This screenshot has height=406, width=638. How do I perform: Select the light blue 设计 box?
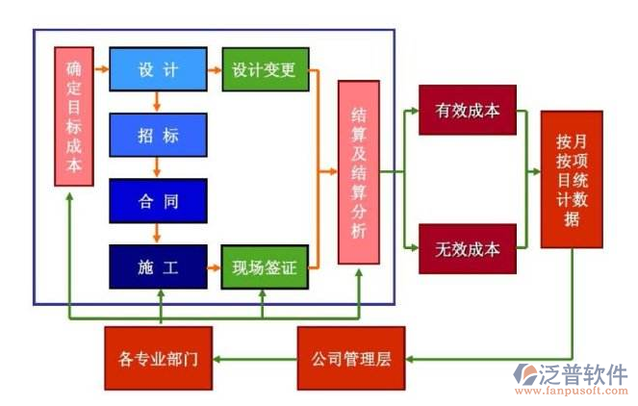(x=158, y=69)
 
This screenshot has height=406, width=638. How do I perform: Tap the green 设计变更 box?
(x=265, y=69)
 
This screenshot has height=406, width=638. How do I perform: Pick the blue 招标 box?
(x=158, y=136)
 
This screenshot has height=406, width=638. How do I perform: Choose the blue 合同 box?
(x=158, y=202)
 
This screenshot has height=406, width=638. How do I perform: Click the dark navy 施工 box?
(x=158, y=266)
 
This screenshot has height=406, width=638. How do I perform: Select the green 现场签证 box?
(x=265, y=266)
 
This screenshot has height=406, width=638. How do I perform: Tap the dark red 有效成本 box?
(x=468, y=112)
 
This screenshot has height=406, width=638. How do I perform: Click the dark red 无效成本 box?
(x=468, y=248)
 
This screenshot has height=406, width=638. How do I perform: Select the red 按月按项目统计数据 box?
(x=572, y=179)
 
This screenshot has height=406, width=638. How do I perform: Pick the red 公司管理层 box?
(x=350, y=359)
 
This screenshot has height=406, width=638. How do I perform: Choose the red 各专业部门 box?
(x=158, y=359)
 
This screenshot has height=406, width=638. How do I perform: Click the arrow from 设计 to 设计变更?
(x=215, y=69)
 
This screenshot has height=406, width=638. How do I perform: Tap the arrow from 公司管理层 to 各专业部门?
(x=254, y=359)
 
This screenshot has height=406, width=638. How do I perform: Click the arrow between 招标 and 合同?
(x=158, y=169)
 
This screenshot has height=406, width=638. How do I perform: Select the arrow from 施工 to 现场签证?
(x=215, y=266)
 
